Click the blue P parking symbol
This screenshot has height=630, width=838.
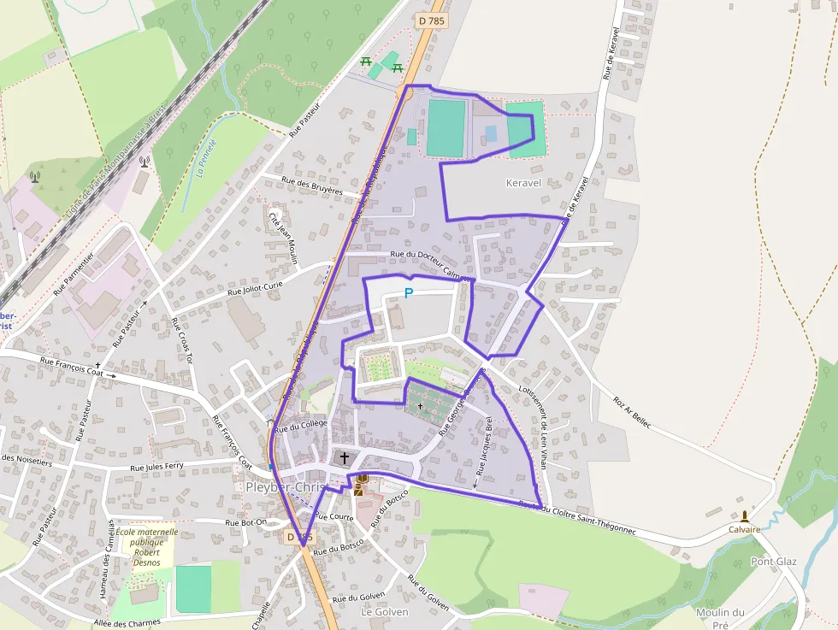point(409,293)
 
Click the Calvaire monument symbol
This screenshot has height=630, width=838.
point(745,516)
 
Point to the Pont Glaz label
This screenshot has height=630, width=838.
point(773,562)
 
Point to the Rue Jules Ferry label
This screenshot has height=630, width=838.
point(156,468)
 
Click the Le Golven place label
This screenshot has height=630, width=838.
point(385,612)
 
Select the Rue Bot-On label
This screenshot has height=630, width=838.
point(246,522)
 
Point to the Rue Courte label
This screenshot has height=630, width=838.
point(333,516)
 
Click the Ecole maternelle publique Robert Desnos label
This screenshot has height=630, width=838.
point(147,547)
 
